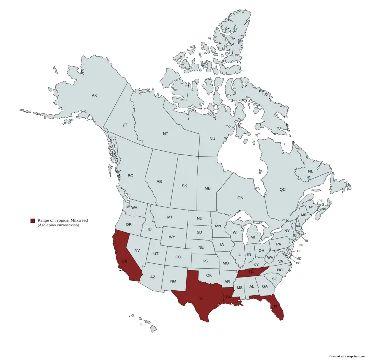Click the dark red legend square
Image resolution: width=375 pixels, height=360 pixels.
point(32,220)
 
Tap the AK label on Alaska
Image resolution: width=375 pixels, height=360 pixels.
point(94,95)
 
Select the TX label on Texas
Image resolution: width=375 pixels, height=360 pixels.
point(200,298)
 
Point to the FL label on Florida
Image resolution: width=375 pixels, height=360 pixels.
point(276,307)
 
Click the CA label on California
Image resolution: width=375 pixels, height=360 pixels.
point(124,261)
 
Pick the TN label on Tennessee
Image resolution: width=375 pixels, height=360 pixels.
point(252,272)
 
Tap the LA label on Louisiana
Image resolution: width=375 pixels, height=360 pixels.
point(229,297)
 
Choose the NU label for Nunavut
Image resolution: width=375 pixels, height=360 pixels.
point(212,138)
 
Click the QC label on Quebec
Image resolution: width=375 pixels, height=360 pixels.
point(282,190)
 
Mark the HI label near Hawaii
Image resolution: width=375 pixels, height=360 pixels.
point(141,324)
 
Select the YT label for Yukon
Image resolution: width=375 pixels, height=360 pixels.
point(125,125)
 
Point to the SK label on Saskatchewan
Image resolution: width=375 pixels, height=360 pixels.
point(184,186)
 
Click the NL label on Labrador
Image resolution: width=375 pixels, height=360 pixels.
point(310,171)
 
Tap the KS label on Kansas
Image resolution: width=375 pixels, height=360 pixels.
point(205,261)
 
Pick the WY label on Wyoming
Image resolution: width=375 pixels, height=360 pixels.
point(172,237)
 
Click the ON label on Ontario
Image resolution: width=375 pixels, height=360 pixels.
point(240,198)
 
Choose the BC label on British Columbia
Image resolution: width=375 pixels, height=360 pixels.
point(130,176)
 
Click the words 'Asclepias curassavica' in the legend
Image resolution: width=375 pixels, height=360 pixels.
point(58,226)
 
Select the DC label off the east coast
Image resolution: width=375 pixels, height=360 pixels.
point(298,263)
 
